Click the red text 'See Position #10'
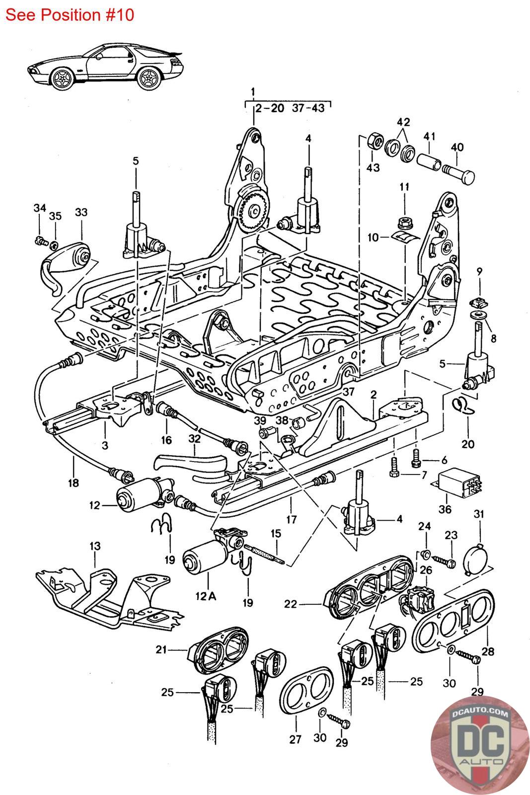pos(70,14)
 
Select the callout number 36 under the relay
pos(445,509)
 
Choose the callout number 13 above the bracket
pos(94,546)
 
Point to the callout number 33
pos(81,212)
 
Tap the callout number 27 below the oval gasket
pos(296,739)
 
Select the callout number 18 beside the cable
pos(74,482)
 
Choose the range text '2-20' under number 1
pos(270,108)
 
